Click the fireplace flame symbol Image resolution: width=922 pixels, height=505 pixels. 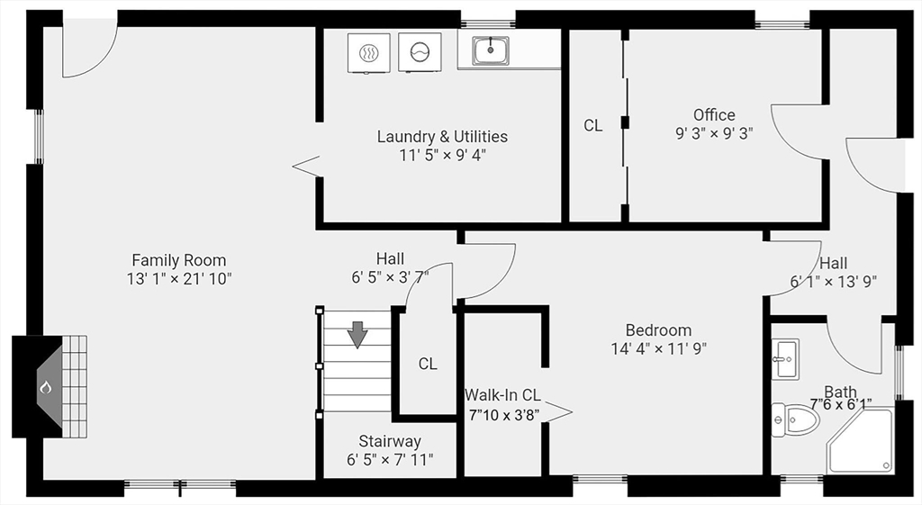[x=45, y=387]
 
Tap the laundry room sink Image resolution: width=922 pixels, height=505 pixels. [x=490, y=50]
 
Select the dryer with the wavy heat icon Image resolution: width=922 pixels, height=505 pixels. [x=368, y=52]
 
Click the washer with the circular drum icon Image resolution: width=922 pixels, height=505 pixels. [x=420, y=52]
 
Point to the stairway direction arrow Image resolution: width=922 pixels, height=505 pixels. [x=357, y=334]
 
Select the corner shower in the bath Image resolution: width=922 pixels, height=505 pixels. [x=860, y=441]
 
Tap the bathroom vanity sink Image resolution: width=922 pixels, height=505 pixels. [x=785, y=358]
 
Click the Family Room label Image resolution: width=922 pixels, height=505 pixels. [x=179, y=260]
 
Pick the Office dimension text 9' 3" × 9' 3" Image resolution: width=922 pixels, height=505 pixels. [x=714, y=132]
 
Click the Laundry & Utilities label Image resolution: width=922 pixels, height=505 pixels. [x=442, y=137]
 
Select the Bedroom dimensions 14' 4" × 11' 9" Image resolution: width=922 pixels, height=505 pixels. [x=659, y=348]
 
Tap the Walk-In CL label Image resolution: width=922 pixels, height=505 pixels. [x=502, y=394]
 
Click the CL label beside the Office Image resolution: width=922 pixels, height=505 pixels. [x=592, y=126]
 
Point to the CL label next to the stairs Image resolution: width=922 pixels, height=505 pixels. [x=428, y=364]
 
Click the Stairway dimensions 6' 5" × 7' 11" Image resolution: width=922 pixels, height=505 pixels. [x=390, y=460]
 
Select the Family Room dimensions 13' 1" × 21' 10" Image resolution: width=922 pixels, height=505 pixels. [x=179, y=279]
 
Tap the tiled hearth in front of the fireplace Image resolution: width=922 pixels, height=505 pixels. [x=75, y=387]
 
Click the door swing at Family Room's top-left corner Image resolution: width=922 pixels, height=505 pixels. [x=88, y=50]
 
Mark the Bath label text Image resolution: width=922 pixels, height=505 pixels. [x=840, y=392]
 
